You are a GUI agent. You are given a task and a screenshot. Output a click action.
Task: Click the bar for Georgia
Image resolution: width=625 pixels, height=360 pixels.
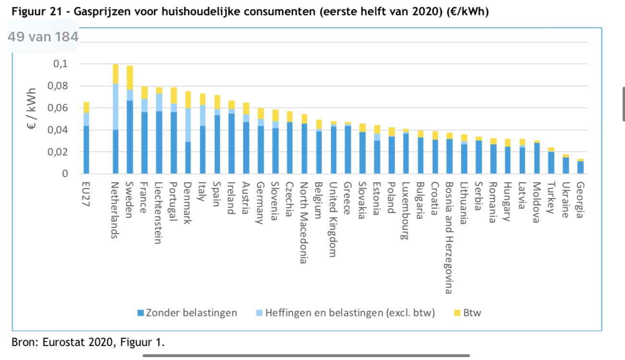tap(580, 167)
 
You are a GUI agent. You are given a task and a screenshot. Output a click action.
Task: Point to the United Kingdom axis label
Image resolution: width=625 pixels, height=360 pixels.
tap(332, 219)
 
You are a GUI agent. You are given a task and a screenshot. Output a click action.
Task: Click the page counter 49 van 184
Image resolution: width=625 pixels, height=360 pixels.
tap(43, 36)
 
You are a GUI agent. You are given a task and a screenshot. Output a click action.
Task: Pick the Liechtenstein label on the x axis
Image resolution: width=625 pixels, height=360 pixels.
tap(158, 213)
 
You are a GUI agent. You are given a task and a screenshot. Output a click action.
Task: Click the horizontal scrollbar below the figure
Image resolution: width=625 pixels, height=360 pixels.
tap(306, 356)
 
